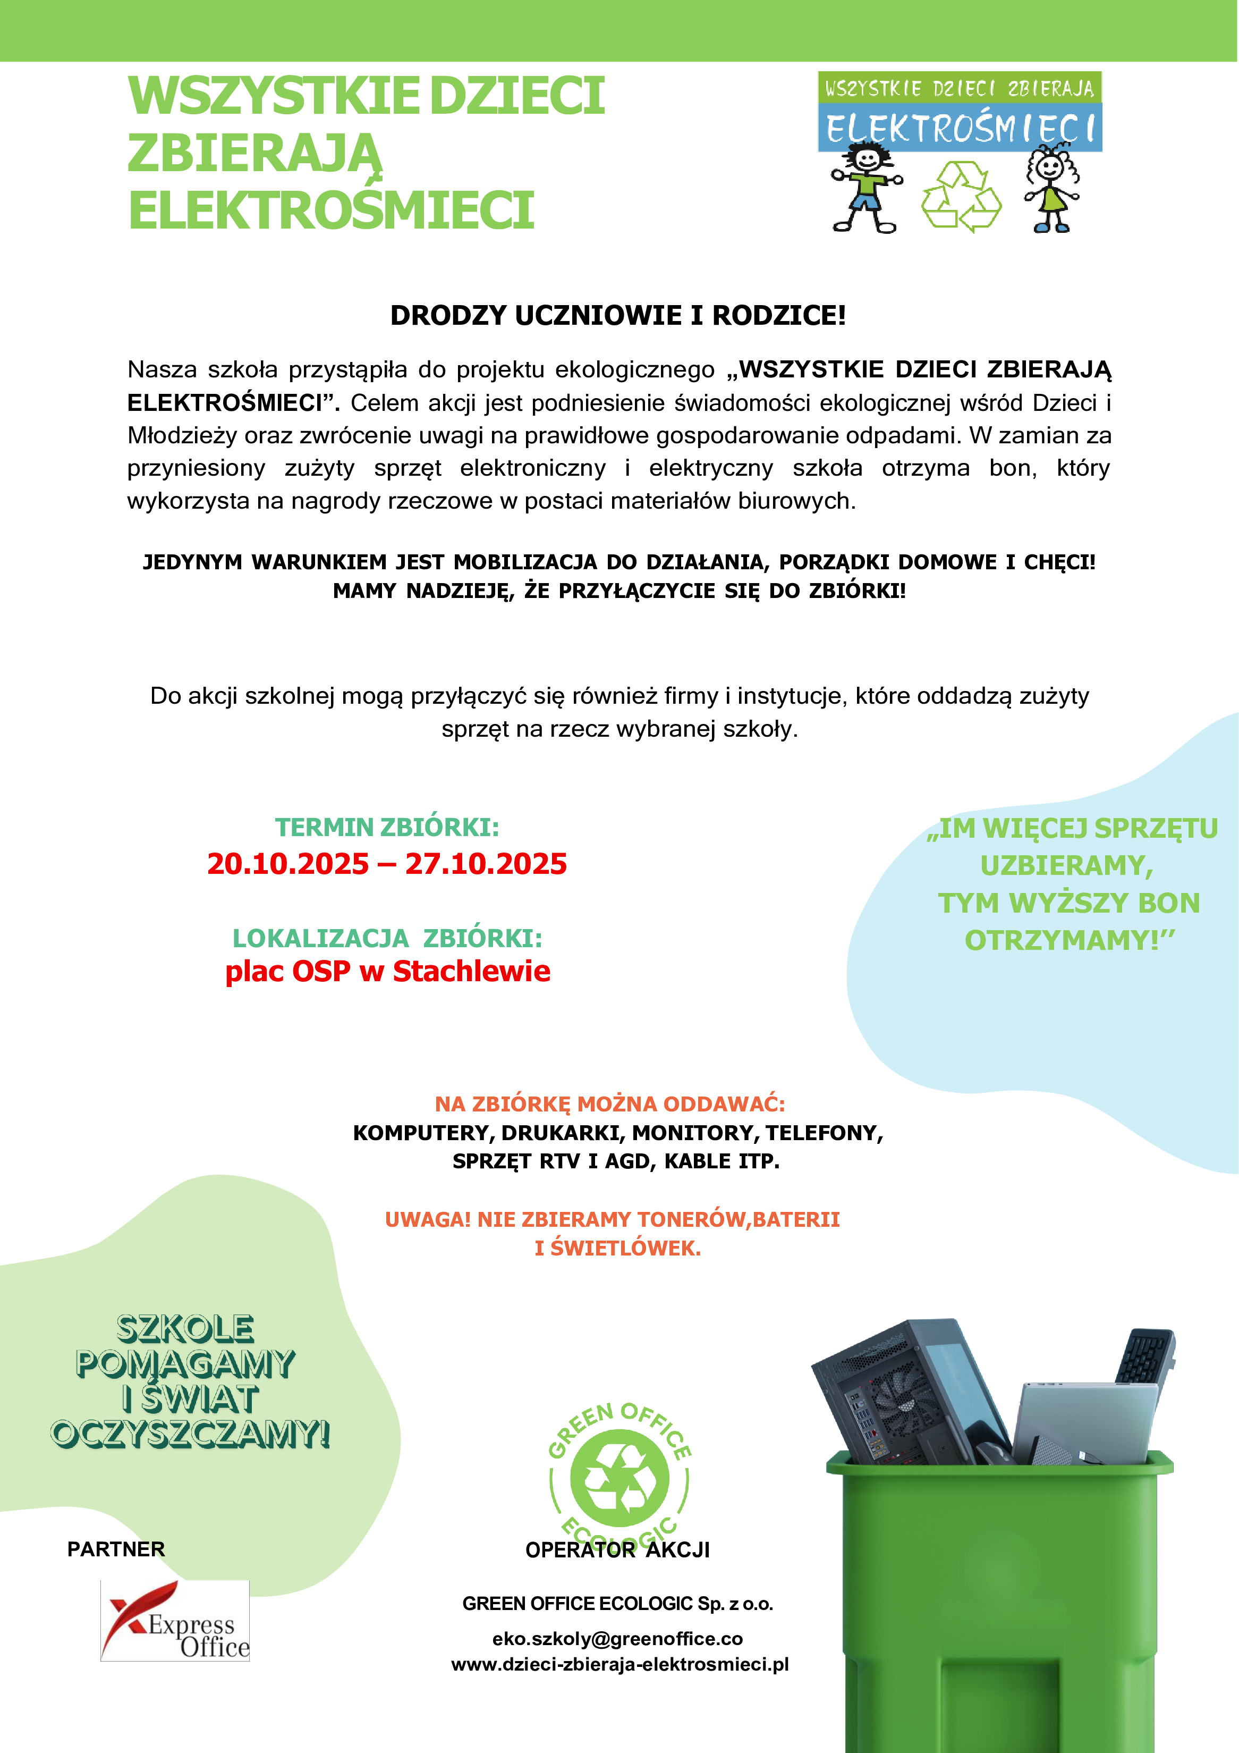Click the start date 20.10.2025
click(288, 864)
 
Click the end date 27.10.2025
click(486, 864)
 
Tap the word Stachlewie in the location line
click(471, 971)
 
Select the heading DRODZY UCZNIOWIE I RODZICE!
click(618, 315)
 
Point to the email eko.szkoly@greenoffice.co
click(617, 1639)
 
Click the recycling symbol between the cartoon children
click(961, 197)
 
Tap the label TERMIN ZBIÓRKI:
click(387, 827)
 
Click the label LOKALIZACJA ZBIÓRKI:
click(387, 938)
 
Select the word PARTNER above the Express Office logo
click(116, 1549)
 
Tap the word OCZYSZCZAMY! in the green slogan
click(190, 1434)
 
